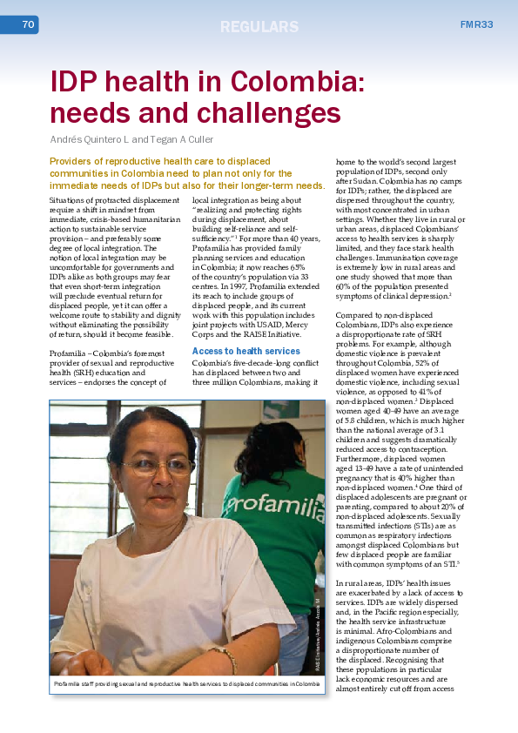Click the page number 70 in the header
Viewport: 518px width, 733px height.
tap(27, 25)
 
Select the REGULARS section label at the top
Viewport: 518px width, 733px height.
tap(259, 26)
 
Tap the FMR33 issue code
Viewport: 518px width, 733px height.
tap(477, 24)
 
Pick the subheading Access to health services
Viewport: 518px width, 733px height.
tap(246, 351)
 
